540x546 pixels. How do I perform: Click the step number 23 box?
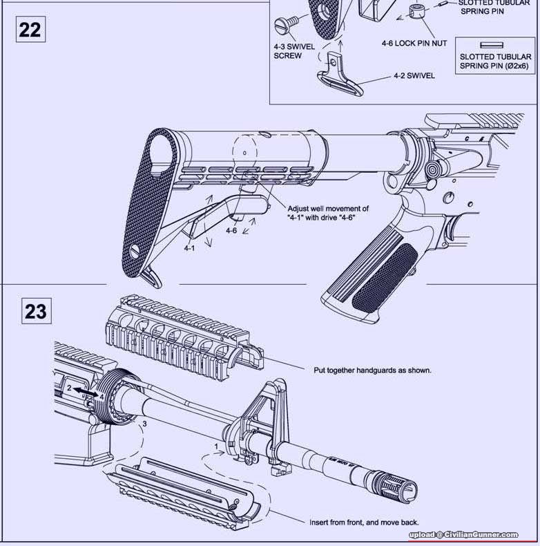[36, 311]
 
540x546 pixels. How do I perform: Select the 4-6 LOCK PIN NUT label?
[414, 43]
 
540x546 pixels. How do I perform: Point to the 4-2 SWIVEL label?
[414, 76]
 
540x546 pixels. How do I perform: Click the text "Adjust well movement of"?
[328, 208]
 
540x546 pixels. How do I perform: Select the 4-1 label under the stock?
[189, 247]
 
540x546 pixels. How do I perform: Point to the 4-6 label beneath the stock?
[231, 230]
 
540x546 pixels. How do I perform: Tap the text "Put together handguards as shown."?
[372, 370]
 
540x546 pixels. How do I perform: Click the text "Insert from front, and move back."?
[364, 523]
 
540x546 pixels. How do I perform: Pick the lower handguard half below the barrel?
[186, 487]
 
